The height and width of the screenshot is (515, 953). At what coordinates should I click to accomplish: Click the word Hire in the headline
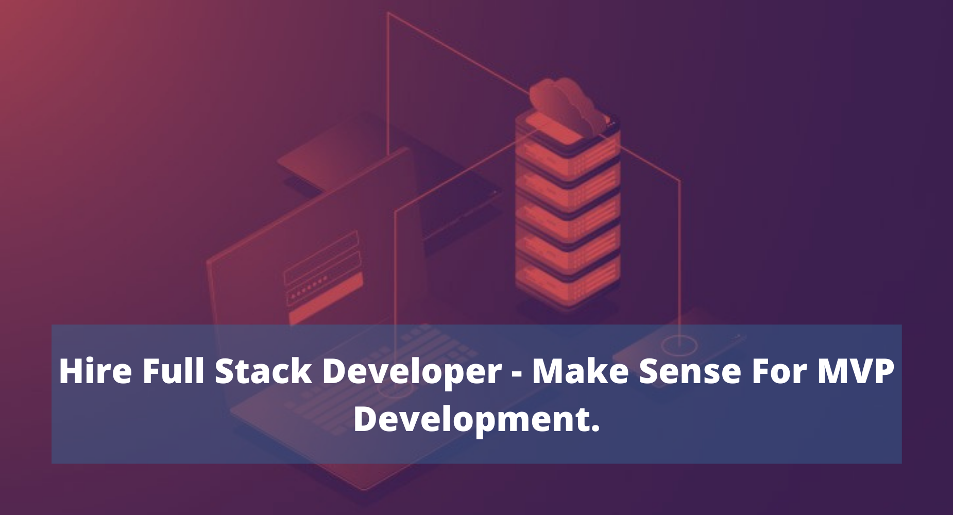click(95, 371)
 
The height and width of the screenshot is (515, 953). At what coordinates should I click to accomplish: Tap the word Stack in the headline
click(263, 371)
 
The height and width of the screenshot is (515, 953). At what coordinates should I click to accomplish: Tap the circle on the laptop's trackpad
click(396, 391)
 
